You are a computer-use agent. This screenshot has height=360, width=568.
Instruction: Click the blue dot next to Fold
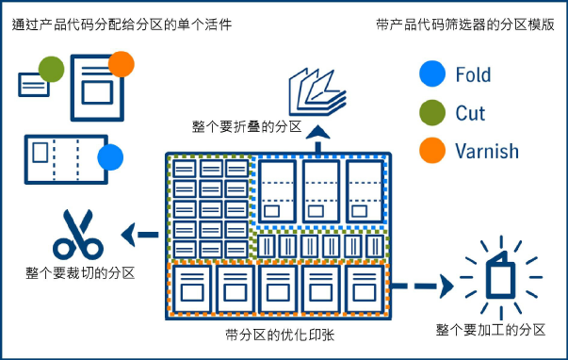(433, 74)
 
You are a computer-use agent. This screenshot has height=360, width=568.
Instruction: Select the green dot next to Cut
(433, 112)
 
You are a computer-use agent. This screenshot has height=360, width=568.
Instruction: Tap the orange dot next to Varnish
(433, 151)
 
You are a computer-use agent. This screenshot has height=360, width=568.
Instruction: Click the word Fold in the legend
(473, 74)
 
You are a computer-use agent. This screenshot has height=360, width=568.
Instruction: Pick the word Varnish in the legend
(486, 151)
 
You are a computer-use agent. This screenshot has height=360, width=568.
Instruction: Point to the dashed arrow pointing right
(424, 285)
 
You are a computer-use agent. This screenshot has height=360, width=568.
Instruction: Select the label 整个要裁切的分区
(80, 273)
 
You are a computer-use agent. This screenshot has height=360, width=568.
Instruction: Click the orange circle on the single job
(122, 64)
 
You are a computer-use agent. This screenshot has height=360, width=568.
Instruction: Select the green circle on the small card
(52, 69)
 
